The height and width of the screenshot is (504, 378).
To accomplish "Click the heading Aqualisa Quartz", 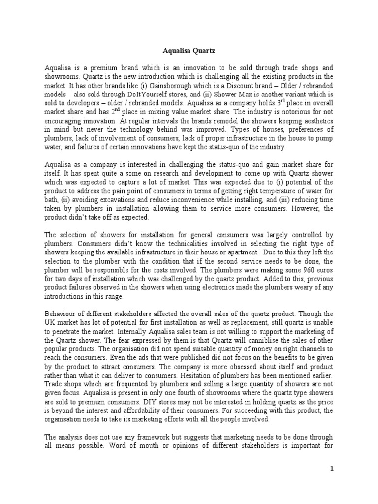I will coord(189,50).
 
